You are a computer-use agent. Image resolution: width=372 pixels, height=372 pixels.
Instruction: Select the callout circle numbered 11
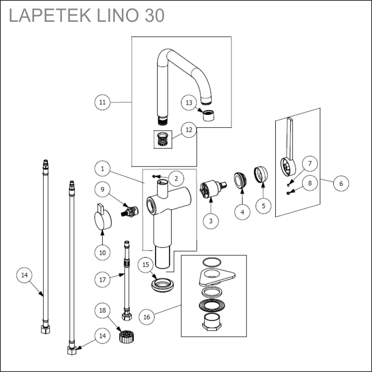coord(103,102)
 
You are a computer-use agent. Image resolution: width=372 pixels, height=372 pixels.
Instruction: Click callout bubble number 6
coord(341,183)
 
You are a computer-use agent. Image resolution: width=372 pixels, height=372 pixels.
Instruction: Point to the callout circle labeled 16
coord(147,317)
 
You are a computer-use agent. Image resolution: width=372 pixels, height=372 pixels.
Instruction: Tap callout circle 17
coord(103,280)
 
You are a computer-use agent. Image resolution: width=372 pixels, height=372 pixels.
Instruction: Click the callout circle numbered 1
coord(103,167)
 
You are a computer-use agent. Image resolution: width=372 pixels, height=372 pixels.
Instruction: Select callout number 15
coord(146,265)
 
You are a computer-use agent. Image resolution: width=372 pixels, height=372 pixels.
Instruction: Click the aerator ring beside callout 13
coord(208,114)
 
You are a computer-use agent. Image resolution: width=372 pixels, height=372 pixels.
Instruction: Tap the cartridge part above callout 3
coord(209,190)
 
